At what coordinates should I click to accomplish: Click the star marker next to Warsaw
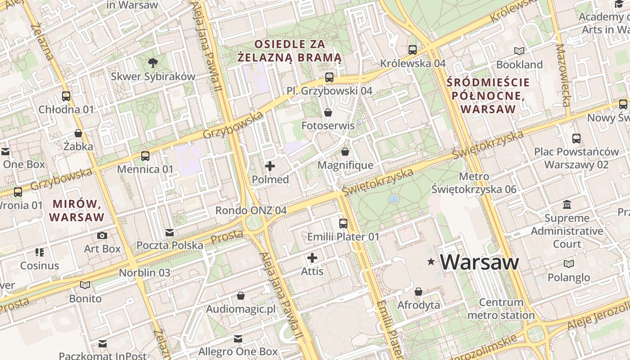click(x=431, y=261)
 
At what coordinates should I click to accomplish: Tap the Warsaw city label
click(x=479, y=262)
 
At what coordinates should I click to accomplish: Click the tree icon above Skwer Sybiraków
click(x=153, y=63)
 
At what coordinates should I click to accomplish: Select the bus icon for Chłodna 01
click(x=66, y=96)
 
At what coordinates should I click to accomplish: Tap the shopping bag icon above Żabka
click(x=78, y=133)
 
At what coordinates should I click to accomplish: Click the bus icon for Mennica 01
click(x=145, y=156)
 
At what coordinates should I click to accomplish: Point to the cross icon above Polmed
click(x=270, y=166)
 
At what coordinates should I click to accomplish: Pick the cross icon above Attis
click(x=312, y=258)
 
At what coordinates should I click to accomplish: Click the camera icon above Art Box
click(x=102, y=235)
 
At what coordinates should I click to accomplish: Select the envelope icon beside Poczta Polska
click(x=170, y=233)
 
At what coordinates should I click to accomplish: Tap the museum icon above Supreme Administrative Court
click(x=567, y=205)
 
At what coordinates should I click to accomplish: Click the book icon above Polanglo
click(x=569, y=264)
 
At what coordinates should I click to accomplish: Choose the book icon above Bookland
click(x=519, y=51)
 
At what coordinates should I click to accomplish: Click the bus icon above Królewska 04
click(x=413, y=50)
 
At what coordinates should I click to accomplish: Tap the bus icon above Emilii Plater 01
click(x=343, y=223)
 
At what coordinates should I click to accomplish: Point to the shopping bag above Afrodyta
click(x=418, y=292)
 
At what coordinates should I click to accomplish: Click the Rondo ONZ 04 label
click(x=251, y=210)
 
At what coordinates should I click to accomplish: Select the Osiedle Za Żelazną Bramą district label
click(x=289, y=51)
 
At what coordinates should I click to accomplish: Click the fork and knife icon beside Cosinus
click(x=40, y=252)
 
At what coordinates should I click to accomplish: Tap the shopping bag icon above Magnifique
click(x=345, y=152)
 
